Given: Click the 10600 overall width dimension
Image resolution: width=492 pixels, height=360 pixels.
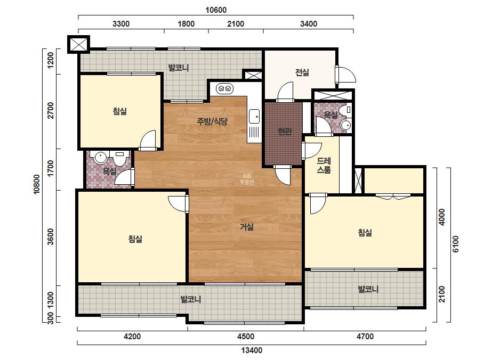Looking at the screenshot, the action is pos(216,10).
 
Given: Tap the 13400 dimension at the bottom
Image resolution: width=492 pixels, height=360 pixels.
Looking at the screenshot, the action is pos(252,350).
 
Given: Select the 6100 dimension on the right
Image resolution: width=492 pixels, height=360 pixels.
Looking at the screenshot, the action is pos(456,244).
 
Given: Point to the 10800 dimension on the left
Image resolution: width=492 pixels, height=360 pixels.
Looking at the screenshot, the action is pos(37,184).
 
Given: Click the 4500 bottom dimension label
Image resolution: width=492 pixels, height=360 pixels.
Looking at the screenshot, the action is pos(246,337).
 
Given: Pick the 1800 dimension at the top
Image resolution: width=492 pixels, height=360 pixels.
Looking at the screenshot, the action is pos(186,24).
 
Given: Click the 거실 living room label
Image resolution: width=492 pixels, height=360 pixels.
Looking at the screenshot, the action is pos(247,227).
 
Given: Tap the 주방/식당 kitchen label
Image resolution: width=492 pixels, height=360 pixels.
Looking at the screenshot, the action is pos(212,121).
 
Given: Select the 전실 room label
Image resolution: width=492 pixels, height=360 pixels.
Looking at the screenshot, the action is pos(302,72).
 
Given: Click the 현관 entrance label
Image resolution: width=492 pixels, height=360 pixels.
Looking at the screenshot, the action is pos(285,132).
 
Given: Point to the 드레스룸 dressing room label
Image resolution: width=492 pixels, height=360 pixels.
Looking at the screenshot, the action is pos(324,165).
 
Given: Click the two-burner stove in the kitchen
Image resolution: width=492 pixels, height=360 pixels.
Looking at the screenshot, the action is pos(225,89).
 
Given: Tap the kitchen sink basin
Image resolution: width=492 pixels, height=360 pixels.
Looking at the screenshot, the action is pos(254,116).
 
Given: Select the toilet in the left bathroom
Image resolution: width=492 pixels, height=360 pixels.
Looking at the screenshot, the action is pos(119,159).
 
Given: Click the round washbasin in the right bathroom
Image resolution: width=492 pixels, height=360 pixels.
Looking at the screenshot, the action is pos(346,125).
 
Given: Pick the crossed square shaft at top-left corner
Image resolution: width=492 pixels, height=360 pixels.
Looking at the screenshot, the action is pos(78,44).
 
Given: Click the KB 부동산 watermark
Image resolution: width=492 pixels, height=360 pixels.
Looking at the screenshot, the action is pos(247,179).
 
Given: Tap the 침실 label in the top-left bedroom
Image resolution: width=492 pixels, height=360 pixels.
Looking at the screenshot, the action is pos(120,111).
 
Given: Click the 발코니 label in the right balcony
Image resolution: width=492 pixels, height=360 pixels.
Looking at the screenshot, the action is pos(368,289).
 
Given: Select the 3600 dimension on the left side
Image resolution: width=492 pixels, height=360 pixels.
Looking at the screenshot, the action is pos(50,237).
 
